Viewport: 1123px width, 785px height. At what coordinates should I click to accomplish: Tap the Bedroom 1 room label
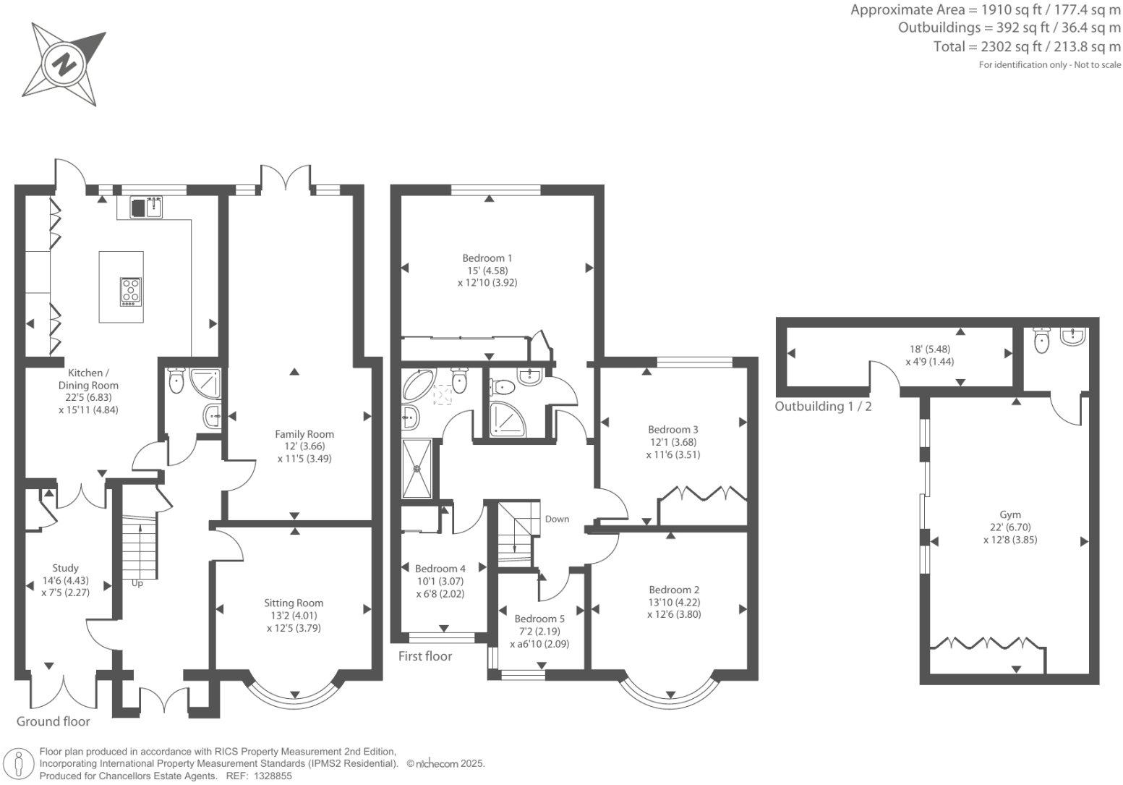487,258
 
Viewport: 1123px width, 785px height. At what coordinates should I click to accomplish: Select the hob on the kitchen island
131,292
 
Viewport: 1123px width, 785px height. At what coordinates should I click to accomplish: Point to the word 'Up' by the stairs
137,583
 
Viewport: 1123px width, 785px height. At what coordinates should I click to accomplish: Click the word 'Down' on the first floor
557,519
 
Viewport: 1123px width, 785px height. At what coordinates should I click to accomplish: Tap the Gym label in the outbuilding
1010,515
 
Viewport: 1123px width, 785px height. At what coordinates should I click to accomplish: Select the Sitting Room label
294,603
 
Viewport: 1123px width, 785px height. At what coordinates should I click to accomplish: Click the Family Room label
304,434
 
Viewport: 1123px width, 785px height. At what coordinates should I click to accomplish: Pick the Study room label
66,568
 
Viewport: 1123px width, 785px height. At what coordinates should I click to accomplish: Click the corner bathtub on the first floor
418,385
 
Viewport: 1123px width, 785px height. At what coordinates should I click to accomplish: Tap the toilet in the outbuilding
1041,341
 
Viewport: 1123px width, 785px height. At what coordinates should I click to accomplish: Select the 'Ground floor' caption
54,721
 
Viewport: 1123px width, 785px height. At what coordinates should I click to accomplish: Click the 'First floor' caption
425,656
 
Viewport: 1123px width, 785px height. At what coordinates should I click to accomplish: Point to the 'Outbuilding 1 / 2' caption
823,407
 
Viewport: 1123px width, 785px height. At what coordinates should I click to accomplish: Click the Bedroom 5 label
539,619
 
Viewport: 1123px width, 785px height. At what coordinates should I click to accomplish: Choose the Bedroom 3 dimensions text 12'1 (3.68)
673,442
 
